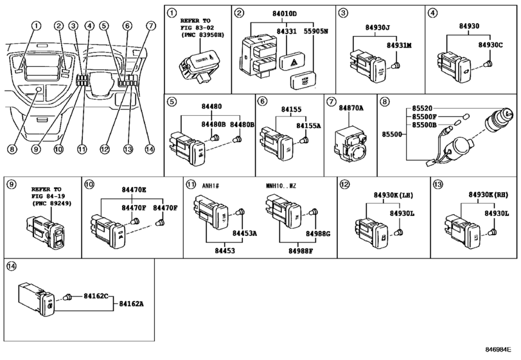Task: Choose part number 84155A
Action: (309, 127)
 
